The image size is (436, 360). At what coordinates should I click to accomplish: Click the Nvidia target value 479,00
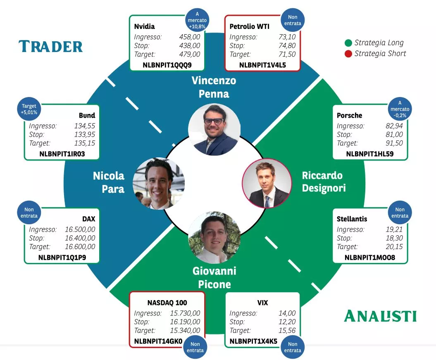[x=190, y=54]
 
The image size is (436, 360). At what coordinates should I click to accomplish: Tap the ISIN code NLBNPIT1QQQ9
[x=167, y=65]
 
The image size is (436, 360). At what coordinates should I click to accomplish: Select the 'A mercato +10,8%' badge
[x=197, y=20]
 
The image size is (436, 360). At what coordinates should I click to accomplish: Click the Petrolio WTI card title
[x=250, y=26]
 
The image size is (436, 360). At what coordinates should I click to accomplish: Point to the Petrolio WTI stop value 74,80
[x=287, y=45]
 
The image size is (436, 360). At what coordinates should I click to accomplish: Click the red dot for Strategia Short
[x=348, y=54]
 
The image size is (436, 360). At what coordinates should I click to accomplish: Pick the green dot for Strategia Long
[x=348, y=43]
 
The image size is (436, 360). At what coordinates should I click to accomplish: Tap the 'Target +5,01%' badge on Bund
[x=29, y=109]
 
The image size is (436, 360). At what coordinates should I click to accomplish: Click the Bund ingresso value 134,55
[x=85, y=126]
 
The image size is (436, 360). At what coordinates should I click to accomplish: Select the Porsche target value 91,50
[x=394, y=143]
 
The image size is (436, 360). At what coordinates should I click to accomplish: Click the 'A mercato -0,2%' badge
[x=400, y=109]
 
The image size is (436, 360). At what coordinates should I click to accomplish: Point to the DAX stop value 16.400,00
[x=80, y=238]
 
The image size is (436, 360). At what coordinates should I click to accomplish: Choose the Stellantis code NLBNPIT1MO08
[x=370, y=258]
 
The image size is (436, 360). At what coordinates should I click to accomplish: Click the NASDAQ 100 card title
[x=167, y=303]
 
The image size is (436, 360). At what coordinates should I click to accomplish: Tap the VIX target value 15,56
[x=287, y=330]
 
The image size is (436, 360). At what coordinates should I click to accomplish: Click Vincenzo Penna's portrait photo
[x=214, y=130]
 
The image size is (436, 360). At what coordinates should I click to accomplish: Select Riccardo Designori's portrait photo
[x=267, y=183]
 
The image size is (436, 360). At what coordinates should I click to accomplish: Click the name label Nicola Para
[x=108, y=182]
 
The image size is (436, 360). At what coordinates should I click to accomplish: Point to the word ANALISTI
[x=380, y=316]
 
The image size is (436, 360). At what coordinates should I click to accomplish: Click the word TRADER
[x=50, y=46]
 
